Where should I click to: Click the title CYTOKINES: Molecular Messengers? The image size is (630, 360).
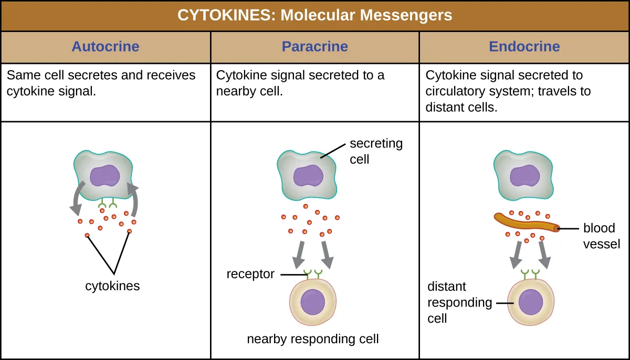[x=314, y=15]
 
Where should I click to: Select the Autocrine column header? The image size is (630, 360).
[x=105, y=46]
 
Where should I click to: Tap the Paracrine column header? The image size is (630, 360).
[x=314, y=46]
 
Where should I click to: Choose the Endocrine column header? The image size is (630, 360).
[x=524, y=46]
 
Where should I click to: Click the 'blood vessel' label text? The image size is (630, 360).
[x=602, y=236]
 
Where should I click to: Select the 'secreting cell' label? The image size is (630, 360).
[x=376, y=151]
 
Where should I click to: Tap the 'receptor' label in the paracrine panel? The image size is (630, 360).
[x=250, y=274]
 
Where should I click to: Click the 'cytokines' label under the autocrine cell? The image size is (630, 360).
[x=112, y=286]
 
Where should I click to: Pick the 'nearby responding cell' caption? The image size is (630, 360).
[x=313, y=339]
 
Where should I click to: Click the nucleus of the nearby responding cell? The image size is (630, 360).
[x=313, y=303]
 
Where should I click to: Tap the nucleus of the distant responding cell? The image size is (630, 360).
[x=530, y=303]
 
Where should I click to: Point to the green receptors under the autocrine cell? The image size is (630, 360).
[x=107, y=204]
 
